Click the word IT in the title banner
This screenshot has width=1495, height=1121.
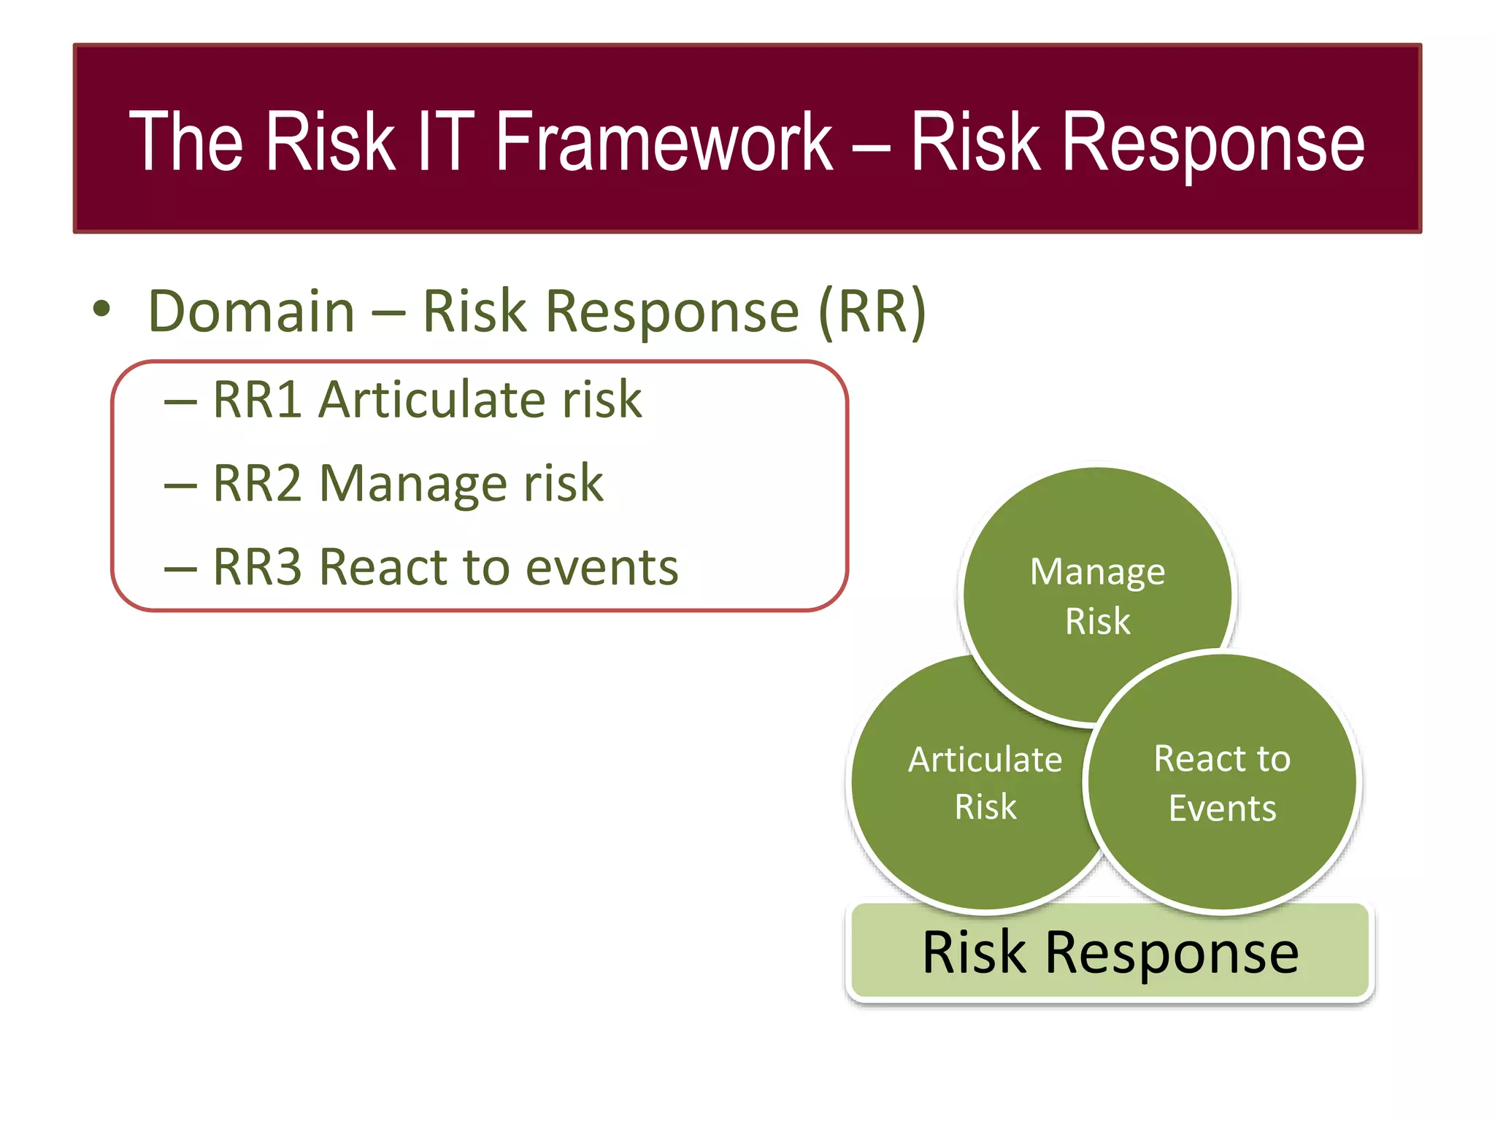pos(445,142)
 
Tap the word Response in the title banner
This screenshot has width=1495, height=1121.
pos(1212,143)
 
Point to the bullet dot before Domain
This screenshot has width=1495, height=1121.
pos(102,309)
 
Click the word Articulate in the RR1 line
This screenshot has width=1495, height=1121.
pos(431,400)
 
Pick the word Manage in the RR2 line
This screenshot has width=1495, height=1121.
pos(413,485)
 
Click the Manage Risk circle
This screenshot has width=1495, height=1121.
pos(1097,555)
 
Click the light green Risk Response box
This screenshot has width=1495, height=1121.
pos(1110,952)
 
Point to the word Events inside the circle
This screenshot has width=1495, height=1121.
pos(1222,809)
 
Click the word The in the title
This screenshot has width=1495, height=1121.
pos(185,142)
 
